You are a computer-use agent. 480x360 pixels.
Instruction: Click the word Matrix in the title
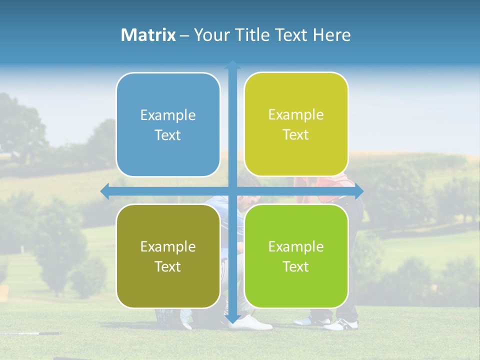click(x=148, y=35)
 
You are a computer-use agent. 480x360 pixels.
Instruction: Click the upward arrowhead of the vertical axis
click(x=232, y=64)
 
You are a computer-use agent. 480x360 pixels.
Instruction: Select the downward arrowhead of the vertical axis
click(x=232, y=319)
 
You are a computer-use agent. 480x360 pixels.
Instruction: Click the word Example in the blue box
click(x=168, y=115)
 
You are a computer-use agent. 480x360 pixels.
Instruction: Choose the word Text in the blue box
click(x=168, y=135)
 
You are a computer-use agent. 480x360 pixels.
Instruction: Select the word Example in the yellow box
click(x=296, y=115)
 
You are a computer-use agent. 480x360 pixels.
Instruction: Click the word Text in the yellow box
click(x=296, y=134)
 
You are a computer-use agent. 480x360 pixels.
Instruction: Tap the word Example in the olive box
click(x=168, y=247)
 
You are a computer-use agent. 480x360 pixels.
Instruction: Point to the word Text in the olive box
click(x=168, y=266)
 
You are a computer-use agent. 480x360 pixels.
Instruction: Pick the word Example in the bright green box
click(x=296, y=247)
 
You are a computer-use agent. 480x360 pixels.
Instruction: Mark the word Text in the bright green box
click(x=296, y=266)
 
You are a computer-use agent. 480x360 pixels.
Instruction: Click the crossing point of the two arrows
click(x=232, y=191)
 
